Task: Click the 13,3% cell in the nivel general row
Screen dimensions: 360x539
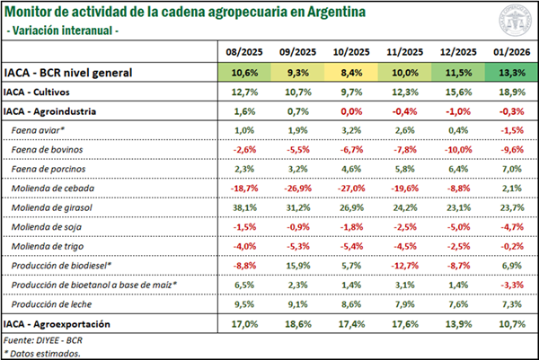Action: click(508, 73)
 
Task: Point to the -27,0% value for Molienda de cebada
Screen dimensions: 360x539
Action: click(351, 189)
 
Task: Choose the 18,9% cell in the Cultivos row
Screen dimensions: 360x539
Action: click(508, 92)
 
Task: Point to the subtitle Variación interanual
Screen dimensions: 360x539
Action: click(63, 31)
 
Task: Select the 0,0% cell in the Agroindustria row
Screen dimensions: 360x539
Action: click(351, 111)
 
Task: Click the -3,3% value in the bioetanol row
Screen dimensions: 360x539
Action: click(508, 284)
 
